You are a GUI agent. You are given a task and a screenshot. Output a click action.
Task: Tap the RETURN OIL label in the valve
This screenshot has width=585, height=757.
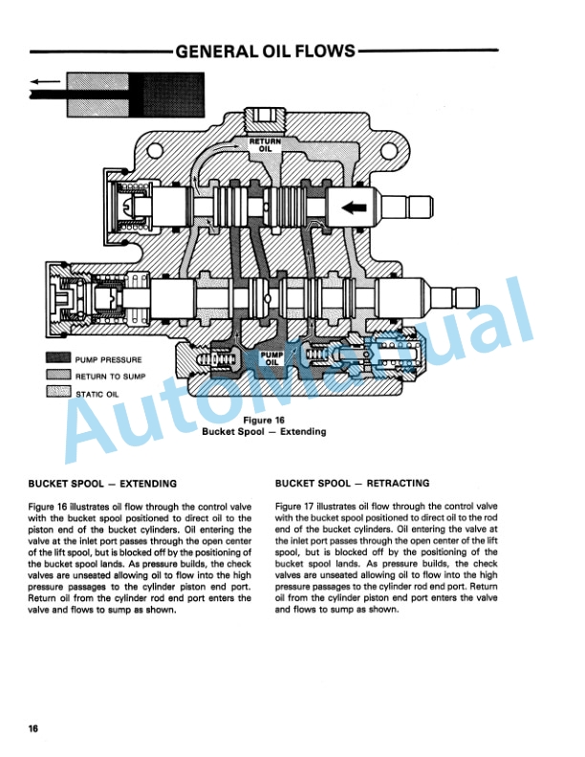click(265, 145)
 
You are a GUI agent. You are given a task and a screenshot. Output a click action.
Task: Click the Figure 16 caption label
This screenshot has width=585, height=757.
click(264, 420)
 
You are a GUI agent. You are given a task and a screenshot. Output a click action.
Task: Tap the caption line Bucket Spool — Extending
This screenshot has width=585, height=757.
click(264, 432)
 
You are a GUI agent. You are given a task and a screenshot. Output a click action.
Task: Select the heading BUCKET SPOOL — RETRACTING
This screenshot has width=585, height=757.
click(352, 484)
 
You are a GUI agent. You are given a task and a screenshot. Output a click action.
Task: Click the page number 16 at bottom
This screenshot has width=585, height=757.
click(32, 729)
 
